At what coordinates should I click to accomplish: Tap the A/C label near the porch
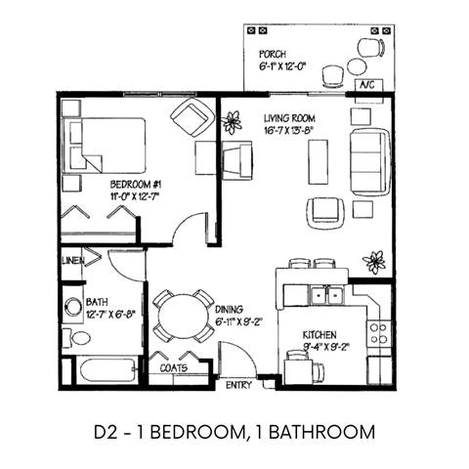[368, 86]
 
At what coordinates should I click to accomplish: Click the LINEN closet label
[71, 260]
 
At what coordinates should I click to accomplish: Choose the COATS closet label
[174, 368]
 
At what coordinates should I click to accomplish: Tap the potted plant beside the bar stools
[373, 261]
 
